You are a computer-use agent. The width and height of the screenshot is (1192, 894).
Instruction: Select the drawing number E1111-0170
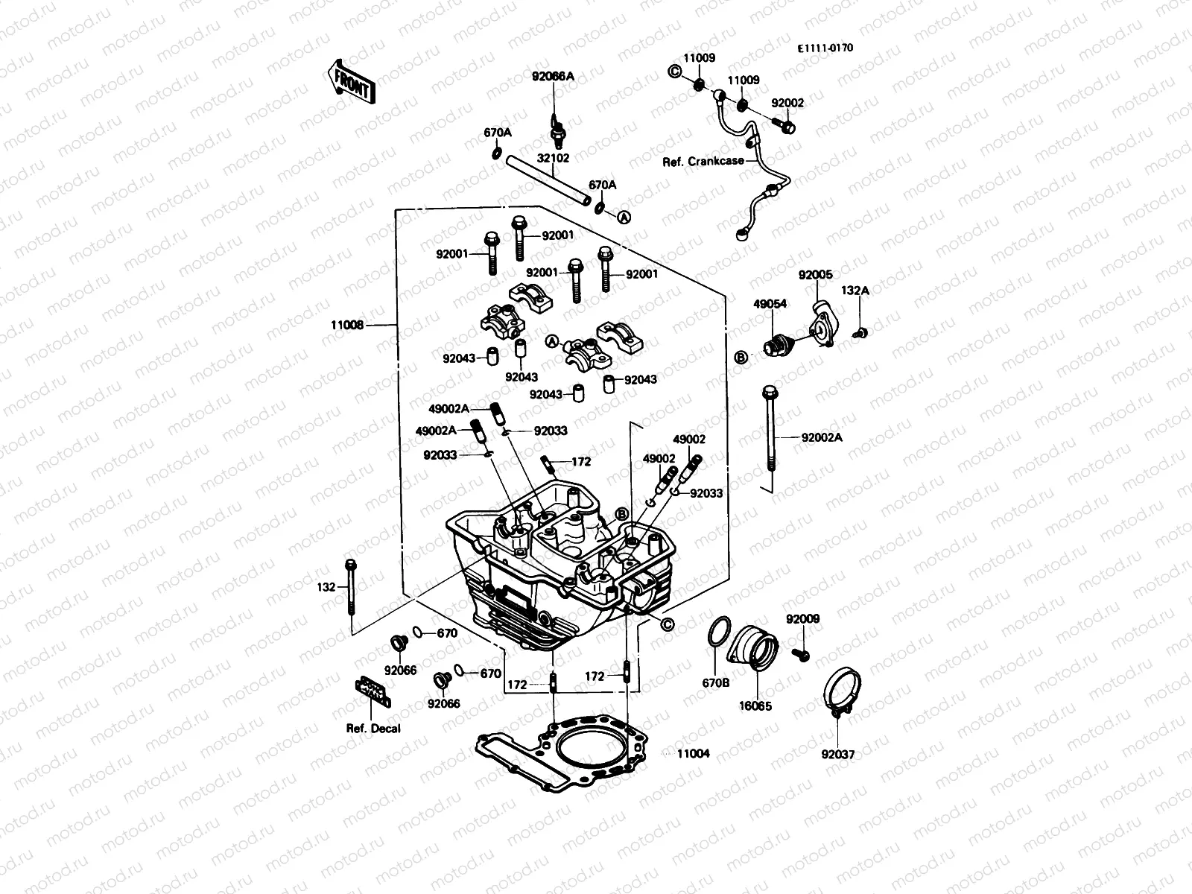point(825,48)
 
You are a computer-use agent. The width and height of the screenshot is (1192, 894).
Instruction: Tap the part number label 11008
point(347,325)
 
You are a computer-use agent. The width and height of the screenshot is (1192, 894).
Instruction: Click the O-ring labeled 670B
point(717,633)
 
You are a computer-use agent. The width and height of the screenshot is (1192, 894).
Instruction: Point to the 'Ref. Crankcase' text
point(703,161)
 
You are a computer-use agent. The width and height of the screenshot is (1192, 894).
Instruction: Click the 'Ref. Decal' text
point(372,728)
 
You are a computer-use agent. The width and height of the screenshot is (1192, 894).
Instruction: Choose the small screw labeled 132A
point(860,333)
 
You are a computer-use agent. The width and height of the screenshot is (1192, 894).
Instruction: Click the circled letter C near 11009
point(674,72)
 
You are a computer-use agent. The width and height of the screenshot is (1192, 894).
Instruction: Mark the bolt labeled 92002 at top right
point(784,127)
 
